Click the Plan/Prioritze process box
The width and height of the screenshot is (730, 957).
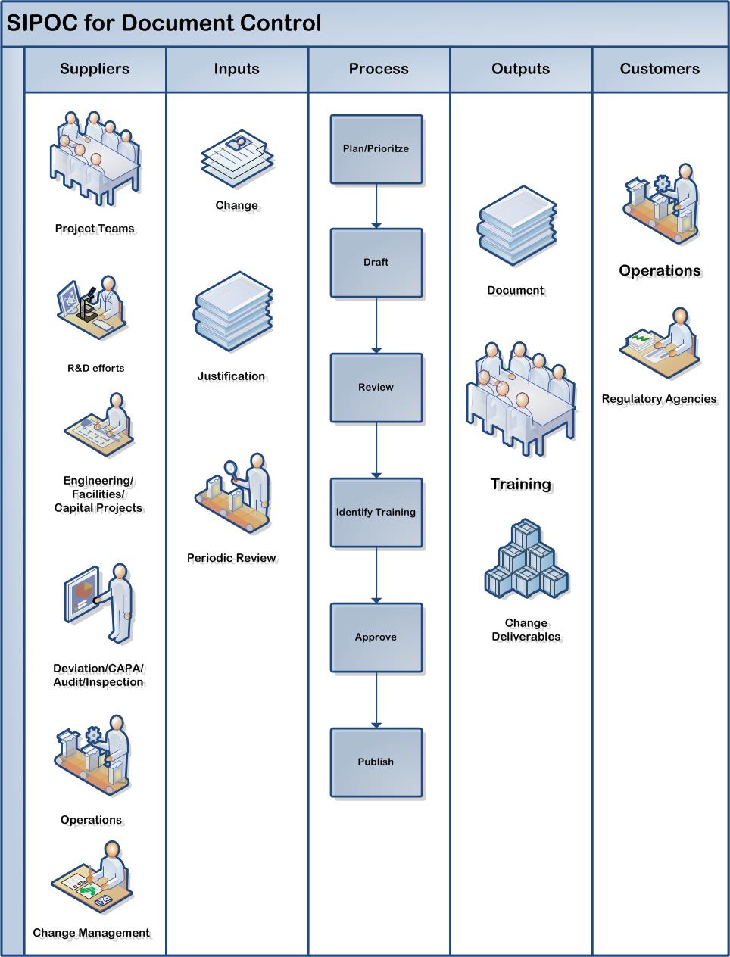pyautogui.click(x=376, y=149)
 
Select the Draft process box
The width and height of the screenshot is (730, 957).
pyautogui.click(x=376, y=263)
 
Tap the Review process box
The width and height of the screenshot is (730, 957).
pyautogui.click(x=376, y=388)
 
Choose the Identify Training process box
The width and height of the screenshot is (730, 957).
pyautogui.click(x=376, y=513)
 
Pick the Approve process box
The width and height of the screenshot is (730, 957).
pyautogui.click(x=376, y=637)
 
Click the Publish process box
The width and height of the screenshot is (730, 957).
pyautogui.click(x=376, y=762)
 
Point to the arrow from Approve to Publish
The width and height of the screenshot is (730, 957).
pyautogui.click(x=376, y=700)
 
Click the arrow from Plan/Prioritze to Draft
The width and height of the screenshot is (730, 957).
pyautogui.click(x=376, y=206)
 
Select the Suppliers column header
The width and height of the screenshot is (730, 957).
pyautogui.click(x=95, y=69)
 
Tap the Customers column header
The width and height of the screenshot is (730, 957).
pyautogui.click(x=660, y=69)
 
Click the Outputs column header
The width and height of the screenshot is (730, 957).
pyautogui.click(x=520, y=69)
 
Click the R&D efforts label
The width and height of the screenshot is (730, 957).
pyautogui.click(x=95, y=369)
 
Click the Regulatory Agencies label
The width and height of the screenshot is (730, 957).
pyautogui.click(x=659, y=399)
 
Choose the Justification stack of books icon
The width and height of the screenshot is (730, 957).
pyautogui.click(x=233, y=312)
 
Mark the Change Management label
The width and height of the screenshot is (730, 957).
pyautogui.click(x=91, y=933)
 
